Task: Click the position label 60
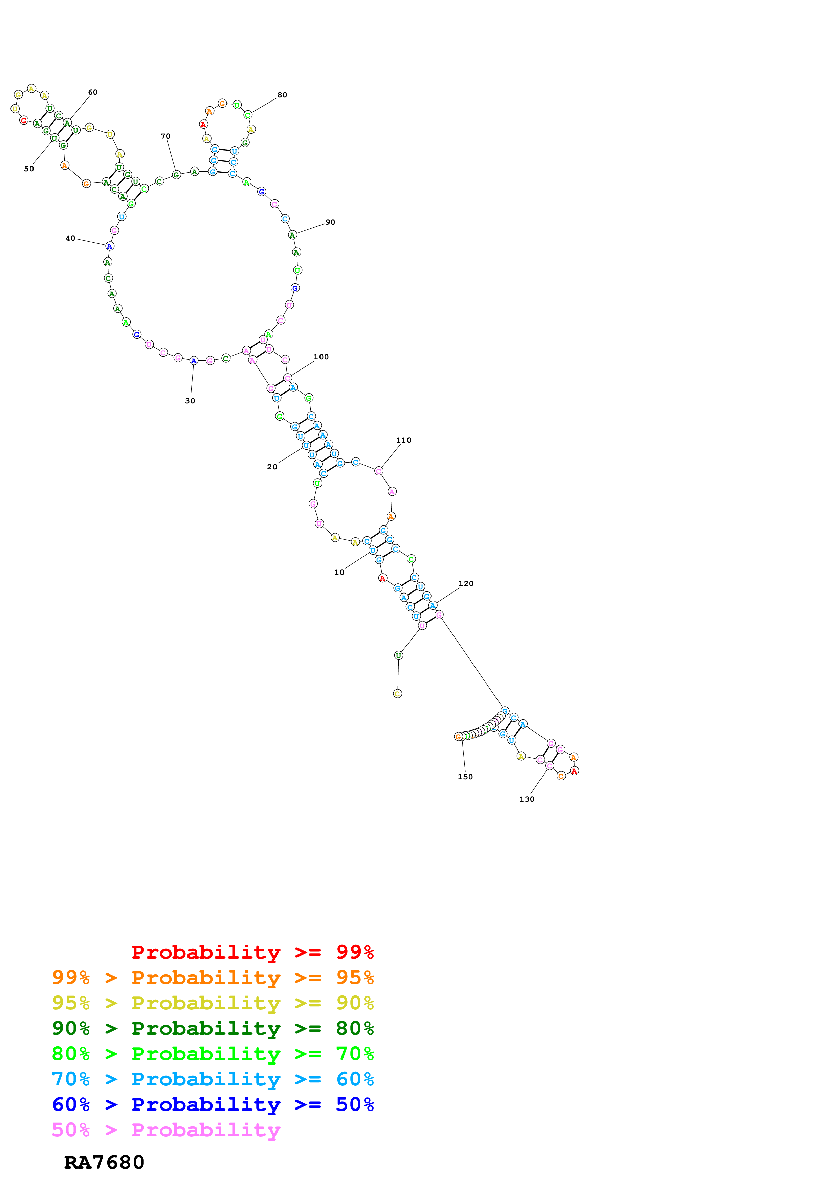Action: click(92, 92)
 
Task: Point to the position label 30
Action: click(190, 401)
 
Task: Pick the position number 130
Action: click(526, 799)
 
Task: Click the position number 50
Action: click(29, 169)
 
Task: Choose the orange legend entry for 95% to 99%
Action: click(213, 978)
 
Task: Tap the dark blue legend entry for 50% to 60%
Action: click(213, 1104)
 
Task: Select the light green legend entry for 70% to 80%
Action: click(213, 1054)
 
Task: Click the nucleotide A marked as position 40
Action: click(110, 246)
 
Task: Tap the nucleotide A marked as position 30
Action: click(193, 361)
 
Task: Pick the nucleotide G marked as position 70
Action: click(176, 175)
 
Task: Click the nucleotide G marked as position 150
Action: click(458, 737)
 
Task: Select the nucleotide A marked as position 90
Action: click(292, 235)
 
